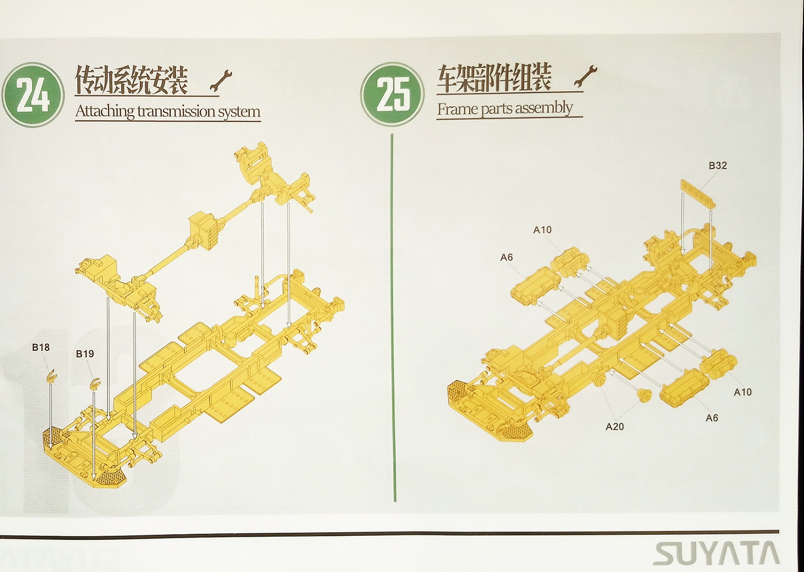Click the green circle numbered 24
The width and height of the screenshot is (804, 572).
pos(33,94)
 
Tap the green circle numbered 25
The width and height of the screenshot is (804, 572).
pos(392,94)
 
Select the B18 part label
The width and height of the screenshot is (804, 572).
pos(41,347)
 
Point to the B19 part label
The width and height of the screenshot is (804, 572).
pos(85,354)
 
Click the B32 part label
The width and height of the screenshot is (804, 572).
pos(718,165)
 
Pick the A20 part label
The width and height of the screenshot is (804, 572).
pos(615,427)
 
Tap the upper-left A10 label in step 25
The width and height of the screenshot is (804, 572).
pos(542,230)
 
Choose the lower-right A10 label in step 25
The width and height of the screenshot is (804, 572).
pos(743,392)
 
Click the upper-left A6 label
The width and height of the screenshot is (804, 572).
pos(507,257)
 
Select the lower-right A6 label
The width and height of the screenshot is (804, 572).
pos(712,418)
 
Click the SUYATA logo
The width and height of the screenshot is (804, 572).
pos(716,554)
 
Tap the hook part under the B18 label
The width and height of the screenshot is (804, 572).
pos(51,376)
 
